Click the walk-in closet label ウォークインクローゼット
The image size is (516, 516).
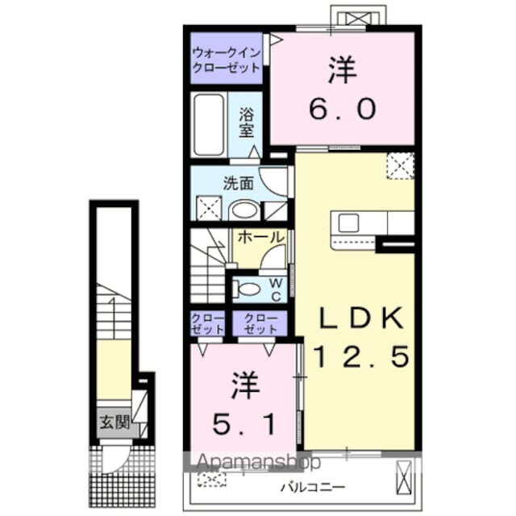tap(227, 60)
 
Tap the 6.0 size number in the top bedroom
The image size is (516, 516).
tap(341, 108)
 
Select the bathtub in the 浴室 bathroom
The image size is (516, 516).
tap(211, 127)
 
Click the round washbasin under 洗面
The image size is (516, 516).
tap(243, 210)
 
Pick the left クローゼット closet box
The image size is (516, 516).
tap(208, 324)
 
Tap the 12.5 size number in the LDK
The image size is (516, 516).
tap(360, 354)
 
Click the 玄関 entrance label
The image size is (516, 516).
tap(114, 421)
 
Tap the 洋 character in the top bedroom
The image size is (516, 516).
tap(341, 70)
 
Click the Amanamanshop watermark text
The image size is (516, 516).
tap(259, 463)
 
